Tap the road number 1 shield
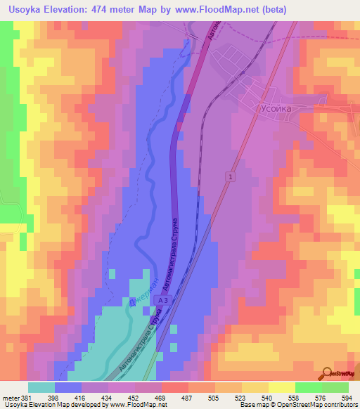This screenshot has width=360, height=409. pyautogui.click(x=229, y=177)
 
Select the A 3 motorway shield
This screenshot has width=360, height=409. pyautogui.click(x=162, y=300)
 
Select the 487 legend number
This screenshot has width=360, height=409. pyautogui.click(x=187, y=398)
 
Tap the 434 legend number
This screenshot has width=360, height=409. pyautogui.click(x=108, y=398)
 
